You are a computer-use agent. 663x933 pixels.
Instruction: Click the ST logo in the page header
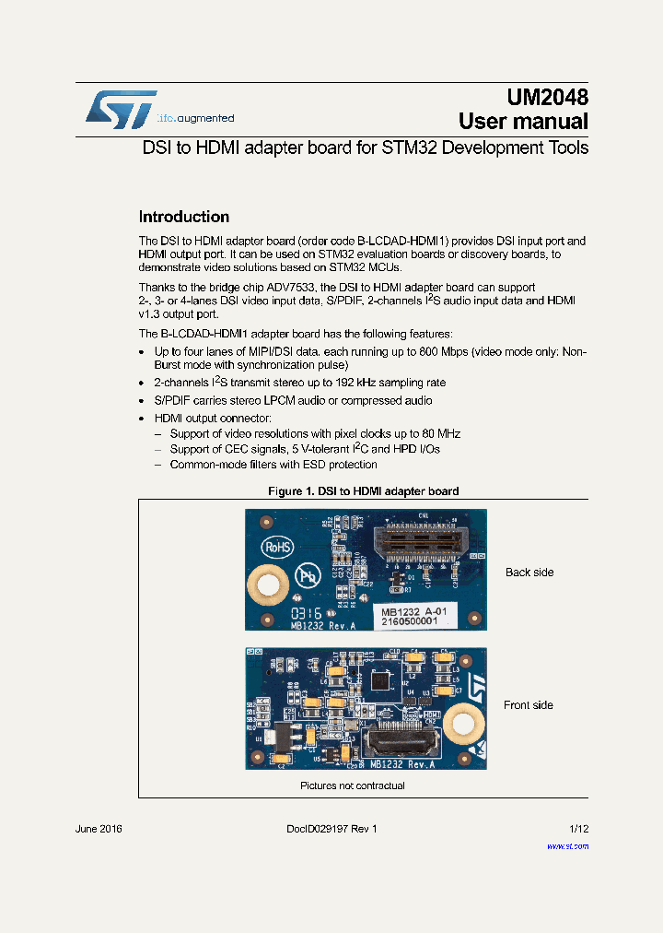121,109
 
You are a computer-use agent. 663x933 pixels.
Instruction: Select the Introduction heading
183,218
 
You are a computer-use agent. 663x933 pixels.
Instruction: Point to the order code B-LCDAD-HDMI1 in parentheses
389,242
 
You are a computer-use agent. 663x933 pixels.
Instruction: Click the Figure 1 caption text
363,491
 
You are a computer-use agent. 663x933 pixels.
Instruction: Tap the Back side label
529,573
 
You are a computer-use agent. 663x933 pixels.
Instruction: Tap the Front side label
529,705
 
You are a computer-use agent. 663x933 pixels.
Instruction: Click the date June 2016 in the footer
99,830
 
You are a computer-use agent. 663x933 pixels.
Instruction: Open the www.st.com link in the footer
567,845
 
